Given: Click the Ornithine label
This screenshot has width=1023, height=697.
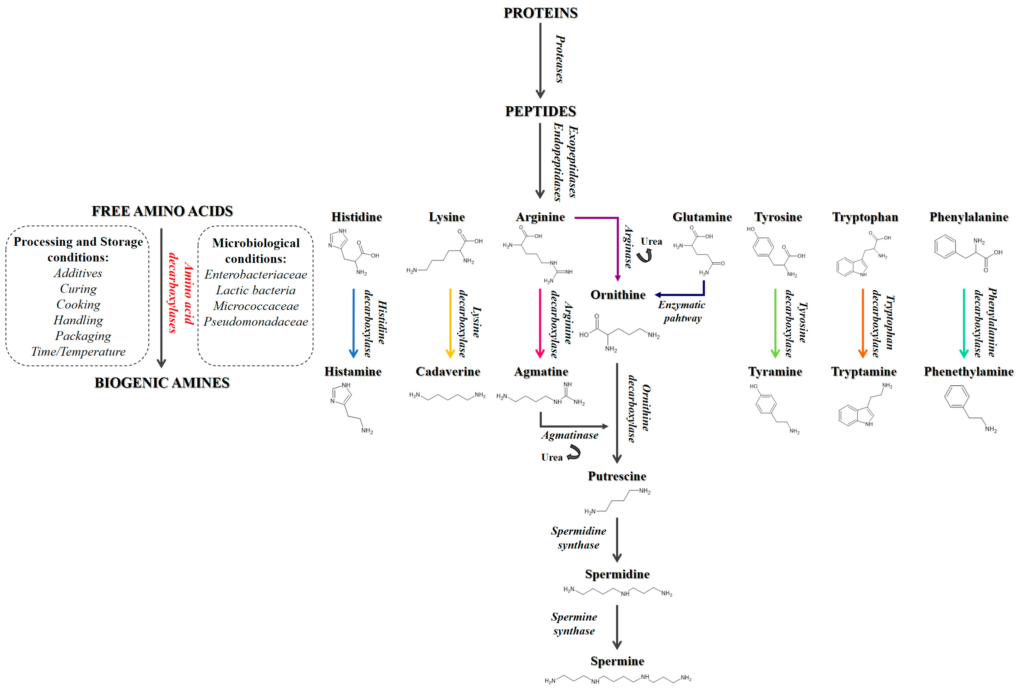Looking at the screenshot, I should tap(618, 295).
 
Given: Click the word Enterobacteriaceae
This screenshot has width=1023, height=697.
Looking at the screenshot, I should tap(256, 275).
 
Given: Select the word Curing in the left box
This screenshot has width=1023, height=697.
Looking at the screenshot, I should tap(78, 289).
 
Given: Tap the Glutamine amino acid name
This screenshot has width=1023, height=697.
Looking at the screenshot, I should tap(702, 217).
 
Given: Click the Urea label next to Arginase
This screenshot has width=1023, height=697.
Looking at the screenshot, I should tap(651, 241).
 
